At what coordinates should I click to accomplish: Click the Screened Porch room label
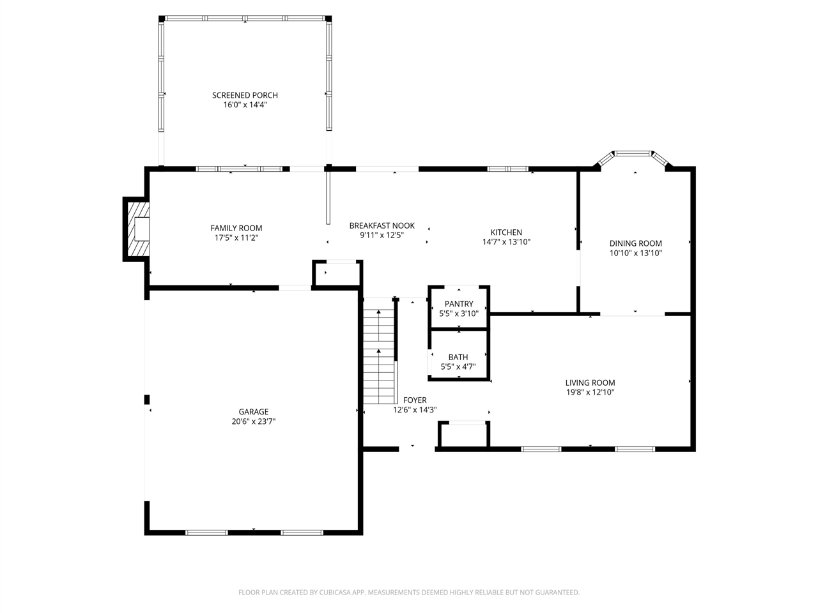click(245, 95)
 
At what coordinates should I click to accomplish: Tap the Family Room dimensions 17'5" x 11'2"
click(236, 238)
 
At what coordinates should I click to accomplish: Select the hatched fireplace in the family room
click(137, 229)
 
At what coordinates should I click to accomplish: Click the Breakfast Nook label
click(382, 225)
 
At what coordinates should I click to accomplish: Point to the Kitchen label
click(506, 232)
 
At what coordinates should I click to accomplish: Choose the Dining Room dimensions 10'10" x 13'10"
click(635, 253)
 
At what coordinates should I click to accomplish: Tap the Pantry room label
click(459, 304)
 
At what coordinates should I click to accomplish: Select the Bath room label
click(458, 357)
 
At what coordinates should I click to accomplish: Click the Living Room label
click(590, 383)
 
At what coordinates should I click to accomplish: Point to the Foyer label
click(415, 400)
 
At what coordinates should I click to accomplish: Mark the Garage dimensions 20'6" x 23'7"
click(254, 421)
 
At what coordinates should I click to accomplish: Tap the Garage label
click(254, 412)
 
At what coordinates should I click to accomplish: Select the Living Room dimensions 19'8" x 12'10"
click(590, 393)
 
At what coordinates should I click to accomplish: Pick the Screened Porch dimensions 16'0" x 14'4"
click(245, 105)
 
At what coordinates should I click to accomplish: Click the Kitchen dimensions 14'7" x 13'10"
click(506, 242)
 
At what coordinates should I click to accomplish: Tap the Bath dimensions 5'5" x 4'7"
click(458, 367)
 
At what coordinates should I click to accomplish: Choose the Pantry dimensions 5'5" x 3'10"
click(459, 314)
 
